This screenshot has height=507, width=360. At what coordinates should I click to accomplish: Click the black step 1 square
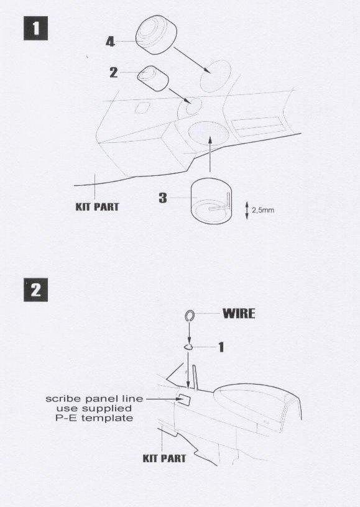click(35, 28)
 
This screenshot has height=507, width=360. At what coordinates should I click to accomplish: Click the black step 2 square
click(35, 290)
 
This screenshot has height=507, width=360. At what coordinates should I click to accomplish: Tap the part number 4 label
click(110, 42)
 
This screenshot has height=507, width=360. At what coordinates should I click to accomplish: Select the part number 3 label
click(163, 198)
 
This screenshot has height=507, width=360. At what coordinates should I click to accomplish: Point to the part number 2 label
click(113, 73)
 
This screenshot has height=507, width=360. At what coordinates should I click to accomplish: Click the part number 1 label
click(221, 347)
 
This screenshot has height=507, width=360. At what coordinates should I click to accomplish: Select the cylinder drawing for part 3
click(211, 201)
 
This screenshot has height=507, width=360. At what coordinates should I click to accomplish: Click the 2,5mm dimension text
click(262, 210)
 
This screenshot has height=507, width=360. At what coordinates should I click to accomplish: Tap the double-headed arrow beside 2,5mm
click(247, 210)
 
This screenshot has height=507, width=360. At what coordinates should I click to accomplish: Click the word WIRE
click(239, 314)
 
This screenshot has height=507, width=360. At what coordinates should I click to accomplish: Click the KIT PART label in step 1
click(97, 207)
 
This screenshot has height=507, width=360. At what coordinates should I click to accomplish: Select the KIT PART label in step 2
click(164, 458)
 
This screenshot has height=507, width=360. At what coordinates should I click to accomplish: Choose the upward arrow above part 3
click(210, 154)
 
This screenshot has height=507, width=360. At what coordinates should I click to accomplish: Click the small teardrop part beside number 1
click(188, 347)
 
